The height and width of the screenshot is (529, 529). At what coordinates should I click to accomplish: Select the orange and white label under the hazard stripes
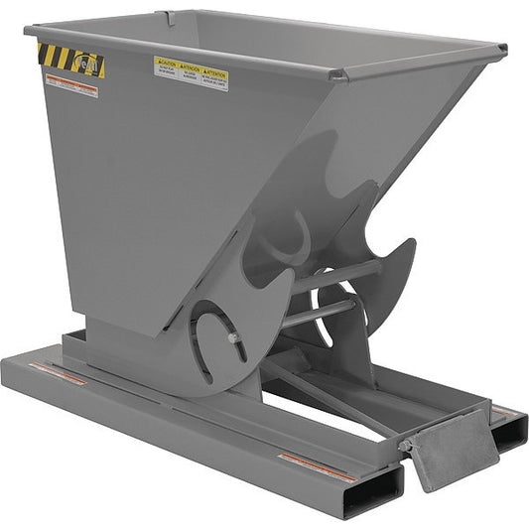[71, 86]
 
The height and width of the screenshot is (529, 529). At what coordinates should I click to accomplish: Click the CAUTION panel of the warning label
[166, 67]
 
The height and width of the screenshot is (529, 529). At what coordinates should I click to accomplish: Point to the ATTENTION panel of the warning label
[215, 76]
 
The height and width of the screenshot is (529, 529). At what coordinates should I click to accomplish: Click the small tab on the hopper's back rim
[171, 17]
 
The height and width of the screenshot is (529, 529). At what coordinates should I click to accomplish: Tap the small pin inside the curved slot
[232, 337]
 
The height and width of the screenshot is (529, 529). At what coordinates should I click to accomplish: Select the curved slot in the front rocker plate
[211, 342]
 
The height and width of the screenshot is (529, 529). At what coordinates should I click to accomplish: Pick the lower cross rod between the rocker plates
[318, 314]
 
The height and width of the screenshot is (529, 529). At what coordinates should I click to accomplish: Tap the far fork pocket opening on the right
[509, 429]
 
